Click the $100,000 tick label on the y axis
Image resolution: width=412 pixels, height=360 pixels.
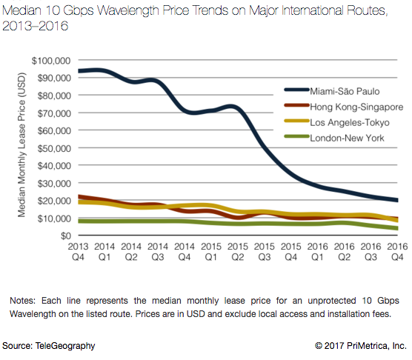[50, 60]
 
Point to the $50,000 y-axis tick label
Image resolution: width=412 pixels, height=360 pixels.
[52, 147]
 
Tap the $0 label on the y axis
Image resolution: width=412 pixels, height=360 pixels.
[63, 236]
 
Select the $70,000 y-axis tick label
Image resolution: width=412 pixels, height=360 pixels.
[52, 113]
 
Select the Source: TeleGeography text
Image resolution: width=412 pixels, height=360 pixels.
[48, 346]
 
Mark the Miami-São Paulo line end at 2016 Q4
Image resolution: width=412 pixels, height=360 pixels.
[395, 200]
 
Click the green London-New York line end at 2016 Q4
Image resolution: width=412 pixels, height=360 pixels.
[395, 228]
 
